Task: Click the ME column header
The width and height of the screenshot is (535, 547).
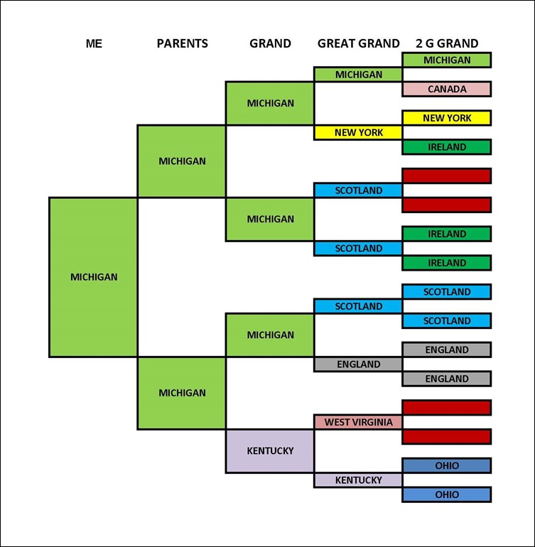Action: (94, 43)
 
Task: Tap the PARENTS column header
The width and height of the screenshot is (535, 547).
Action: (182, 43)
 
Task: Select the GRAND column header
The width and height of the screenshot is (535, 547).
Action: (270, 43)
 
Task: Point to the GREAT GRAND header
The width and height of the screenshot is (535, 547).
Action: (358, 43)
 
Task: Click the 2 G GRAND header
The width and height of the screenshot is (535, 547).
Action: (446, 43)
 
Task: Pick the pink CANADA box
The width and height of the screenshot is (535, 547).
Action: (446, 90)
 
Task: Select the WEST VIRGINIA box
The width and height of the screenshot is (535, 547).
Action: (358, 422)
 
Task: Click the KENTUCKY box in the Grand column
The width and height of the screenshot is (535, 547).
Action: (270, 451)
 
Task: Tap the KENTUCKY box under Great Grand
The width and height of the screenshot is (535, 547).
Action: (358, 480)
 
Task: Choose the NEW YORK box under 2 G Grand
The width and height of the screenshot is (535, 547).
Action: (446, 118)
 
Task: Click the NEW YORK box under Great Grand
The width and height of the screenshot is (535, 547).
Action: (358, 132)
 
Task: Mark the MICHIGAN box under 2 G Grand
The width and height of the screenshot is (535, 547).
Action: (446, 60)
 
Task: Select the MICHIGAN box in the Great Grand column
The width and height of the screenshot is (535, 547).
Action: (358, 75)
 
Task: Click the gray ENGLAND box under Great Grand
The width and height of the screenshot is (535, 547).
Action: (358, 364)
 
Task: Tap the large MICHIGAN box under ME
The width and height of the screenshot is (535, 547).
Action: (93, 277)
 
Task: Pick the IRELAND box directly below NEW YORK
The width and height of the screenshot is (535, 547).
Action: (446, 147)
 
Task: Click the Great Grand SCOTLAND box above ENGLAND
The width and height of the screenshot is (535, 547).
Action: (358, 306)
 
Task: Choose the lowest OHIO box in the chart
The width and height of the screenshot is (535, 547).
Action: (446, 494)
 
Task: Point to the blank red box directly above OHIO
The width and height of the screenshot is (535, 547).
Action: (446, 436)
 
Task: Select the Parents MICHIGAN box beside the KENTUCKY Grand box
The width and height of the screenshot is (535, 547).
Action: (182, 393)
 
